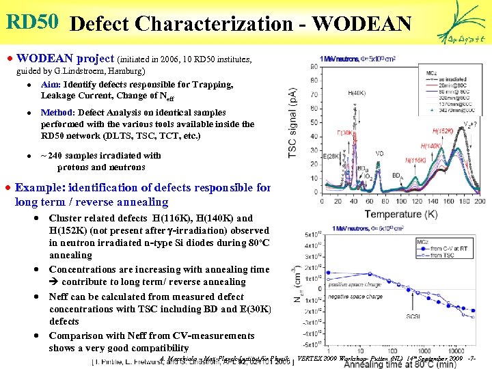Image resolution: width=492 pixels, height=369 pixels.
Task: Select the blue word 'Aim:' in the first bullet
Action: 51,85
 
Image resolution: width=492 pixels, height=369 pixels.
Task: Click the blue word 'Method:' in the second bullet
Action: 59,112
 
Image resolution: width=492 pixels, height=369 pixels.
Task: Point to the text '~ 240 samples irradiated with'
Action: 100,155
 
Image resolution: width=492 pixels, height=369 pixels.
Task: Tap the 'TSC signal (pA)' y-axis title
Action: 292,123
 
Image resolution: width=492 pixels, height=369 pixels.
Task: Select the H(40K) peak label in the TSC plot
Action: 356,92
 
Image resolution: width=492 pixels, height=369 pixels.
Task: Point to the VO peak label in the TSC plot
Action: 379,154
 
